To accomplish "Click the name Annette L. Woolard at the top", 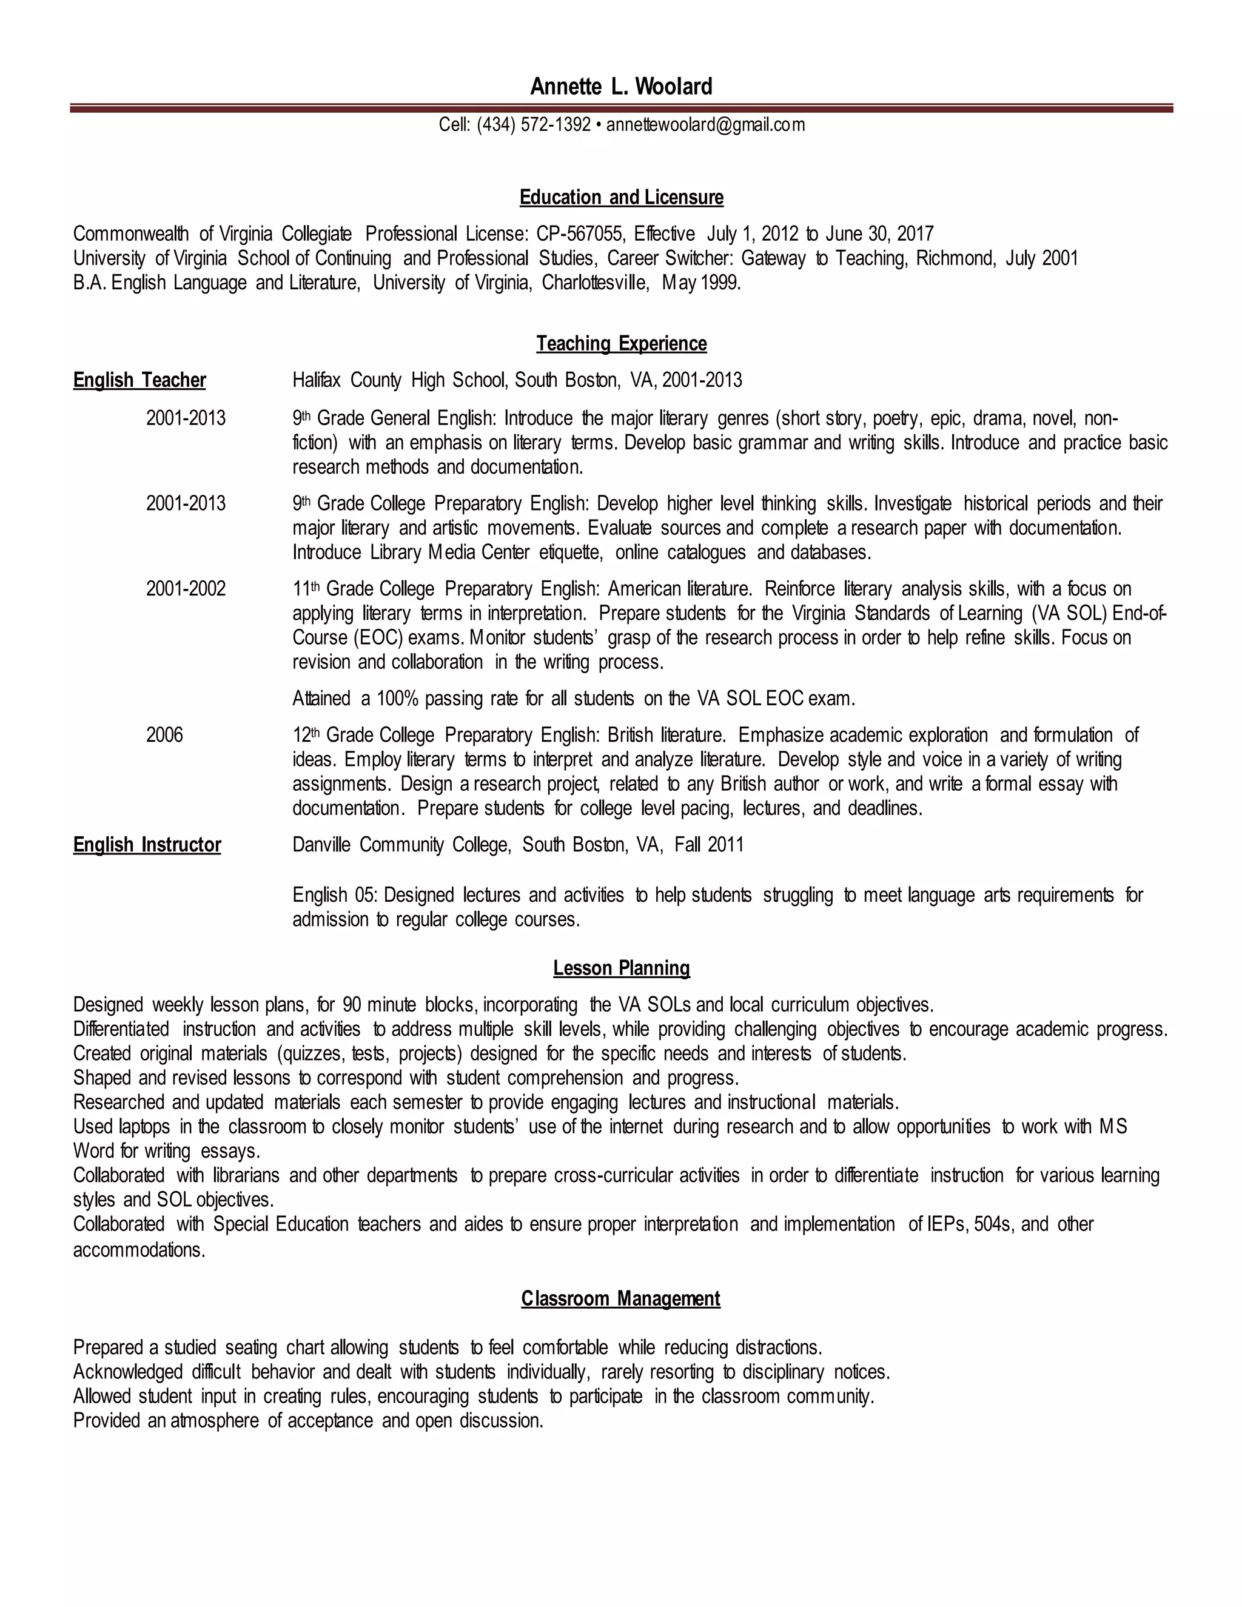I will (x=621, y=87).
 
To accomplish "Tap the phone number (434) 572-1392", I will (x=534, y=124).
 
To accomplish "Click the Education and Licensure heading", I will (x=621, y=197).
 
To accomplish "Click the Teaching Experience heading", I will (x=621, y=344).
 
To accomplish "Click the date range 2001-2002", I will (x=186, y=589).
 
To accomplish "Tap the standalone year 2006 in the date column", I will (x=164, y=735).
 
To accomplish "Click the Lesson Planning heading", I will (x=621, y=968).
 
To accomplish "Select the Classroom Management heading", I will (x=620, y=1299).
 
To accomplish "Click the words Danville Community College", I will (x=401, y=845).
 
